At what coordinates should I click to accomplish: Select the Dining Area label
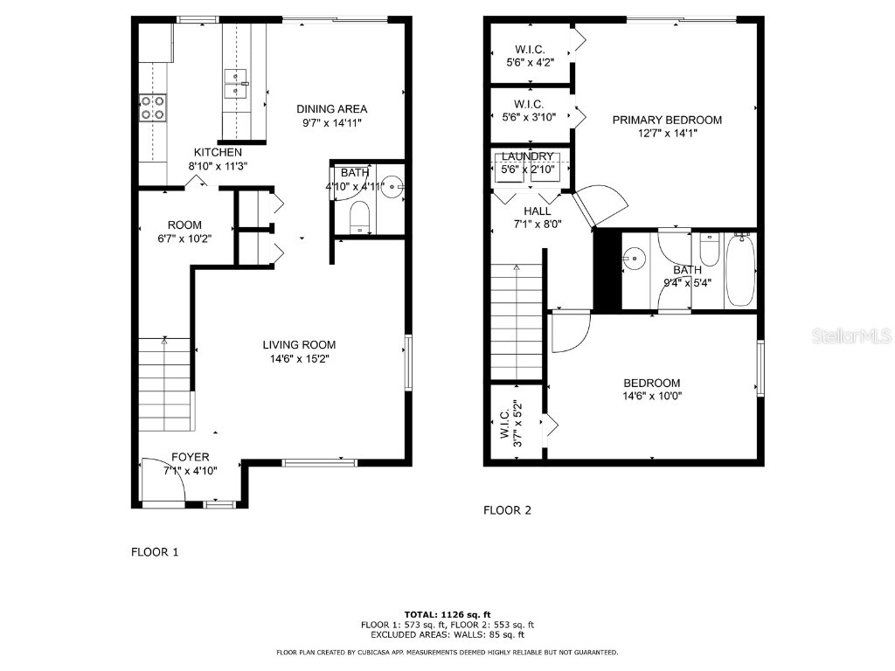[x=331, y=109]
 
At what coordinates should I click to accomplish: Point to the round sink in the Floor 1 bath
[x=392, y=186]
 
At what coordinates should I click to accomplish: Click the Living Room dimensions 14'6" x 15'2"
[x=301, y=358]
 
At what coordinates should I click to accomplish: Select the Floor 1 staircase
[x=164, y=384]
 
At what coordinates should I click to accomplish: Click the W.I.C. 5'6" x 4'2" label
[x=530, y=56]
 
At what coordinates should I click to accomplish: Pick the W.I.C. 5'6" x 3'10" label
[x=530, y=110]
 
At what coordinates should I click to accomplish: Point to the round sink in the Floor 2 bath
[x=634, y=258]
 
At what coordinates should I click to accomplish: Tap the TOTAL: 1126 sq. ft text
[x=447, y=614]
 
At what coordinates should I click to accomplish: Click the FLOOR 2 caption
[x=507, y=510]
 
